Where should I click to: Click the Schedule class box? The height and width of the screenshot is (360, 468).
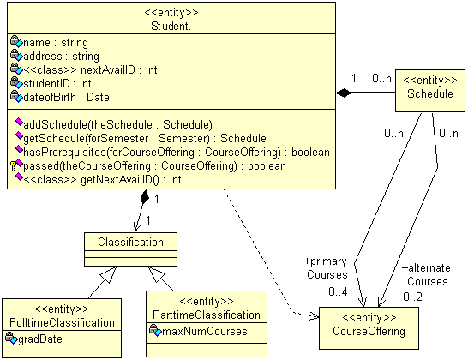430,91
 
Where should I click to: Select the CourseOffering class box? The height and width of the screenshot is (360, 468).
369,328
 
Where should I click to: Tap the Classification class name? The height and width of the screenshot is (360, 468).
131,242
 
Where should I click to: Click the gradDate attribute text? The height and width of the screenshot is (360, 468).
40,339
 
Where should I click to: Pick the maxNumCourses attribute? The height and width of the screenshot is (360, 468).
205,332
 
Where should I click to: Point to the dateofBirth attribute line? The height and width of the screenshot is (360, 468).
66,98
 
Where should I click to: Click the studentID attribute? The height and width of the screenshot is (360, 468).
57,84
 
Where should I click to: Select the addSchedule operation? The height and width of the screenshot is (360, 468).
117,125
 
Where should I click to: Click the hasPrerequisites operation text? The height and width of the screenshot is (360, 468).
177,153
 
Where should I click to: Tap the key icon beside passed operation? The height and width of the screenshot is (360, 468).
13,165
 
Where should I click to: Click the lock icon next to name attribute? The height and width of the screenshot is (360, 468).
15,39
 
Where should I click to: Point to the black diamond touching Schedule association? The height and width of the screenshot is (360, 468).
344,93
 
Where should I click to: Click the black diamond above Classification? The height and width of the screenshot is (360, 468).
145,197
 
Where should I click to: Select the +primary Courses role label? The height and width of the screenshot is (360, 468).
326,267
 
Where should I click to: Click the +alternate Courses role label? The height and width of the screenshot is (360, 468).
426,274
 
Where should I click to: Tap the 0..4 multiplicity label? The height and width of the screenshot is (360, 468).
338,291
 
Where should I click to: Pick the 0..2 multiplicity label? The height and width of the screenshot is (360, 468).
412,297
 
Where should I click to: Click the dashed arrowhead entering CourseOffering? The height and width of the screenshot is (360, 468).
314,315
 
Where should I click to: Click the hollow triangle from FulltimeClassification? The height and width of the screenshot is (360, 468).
109,274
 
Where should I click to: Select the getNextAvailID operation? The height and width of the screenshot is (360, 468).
102,180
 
